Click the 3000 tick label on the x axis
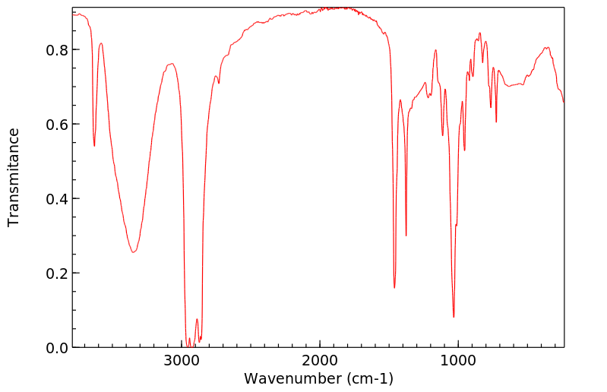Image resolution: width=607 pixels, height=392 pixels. click(x=182, y=359)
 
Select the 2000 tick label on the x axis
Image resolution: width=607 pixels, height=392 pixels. click(x=320, y=359)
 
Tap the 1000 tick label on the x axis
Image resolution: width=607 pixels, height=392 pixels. click(x=457, y=359)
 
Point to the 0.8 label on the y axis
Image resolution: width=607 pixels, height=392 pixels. click(x=58, y=50)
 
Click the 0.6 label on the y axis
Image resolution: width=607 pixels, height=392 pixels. click(x=58, y=125)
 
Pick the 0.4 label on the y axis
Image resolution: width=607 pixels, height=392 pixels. click(x=58, y=199)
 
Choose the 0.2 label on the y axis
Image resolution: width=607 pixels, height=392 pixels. click(x=58, y=273)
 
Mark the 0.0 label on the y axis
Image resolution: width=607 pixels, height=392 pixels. click(x=58, y=348)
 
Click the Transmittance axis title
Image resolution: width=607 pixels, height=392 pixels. click(x=14, y=177)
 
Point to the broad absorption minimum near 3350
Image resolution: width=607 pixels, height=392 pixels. click(x=134, y=252)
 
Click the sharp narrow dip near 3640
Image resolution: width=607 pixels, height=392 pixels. click(x=94, y=146)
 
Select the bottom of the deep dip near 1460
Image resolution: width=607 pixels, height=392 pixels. click(x=394, y=288)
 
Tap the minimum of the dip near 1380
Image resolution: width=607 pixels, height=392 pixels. click(x=406, y=236)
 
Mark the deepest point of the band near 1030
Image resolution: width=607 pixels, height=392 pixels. click(x=454, y=317)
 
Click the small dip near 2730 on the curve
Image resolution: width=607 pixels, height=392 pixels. click(x=220, y=83)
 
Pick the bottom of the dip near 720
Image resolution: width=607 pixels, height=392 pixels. click(x=496, y=122)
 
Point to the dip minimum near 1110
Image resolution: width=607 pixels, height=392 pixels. click(x=443, y=135)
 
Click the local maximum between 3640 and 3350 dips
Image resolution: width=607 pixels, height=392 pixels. click(x=101, y=43)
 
